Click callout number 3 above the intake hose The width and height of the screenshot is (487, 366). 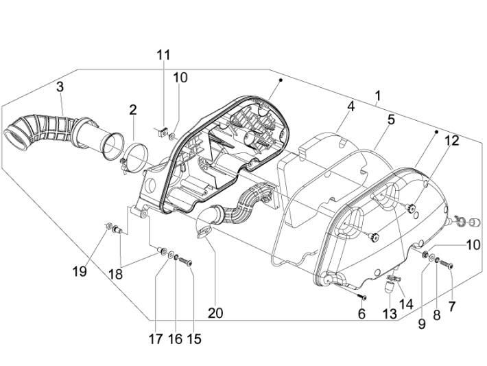click(x=60, y=87)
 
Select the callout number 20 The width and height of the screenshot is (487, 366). click(x=215, y=313)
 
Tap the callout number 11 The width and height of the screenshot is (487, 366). click(x=163, y=55)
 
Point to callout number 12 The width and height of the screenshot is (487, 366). click(x=451, y=141)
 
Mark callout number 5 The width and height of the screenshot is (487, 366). click(x=391, y=119)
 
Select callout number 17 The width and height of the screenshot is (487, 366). click(x=157, y=339)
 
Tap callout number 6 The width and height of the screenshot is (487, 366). click(x=361, y=313)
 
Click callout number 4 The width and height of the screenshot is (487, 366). click(x=351, y=106)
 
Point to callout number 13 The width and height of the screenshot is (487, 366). click(x=390, y=313)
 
